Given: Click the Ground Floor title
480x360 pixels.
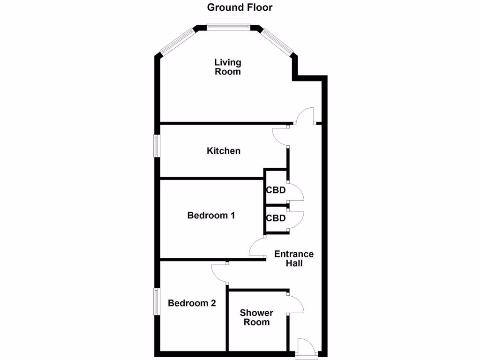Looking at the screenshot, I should point(240,7).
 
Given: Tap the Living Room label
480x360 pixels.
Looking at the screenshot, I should point(228,67).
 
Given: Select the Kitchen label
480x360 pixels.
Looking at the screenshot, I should point(224,151).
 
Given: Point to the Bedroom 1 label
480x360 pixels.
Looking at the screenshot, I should point(211,216).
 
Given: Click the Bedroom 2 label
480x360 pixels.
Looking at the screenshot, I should point(192,303).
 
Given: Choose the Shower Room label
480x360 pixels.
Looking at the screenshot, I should point(256,317).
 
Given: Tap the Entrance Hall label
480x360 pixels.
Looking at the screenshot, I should point(294,258).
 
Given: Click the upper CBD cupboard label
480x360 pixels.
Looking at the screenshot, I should point(276,191).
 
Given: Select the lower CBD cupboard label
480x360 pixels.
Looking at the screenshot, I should point(276,218).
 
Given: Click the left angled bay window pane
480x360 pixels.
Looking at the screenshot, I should point(177,41).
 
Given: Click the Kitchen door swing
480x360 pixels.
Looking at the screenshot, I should point(280,137).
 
